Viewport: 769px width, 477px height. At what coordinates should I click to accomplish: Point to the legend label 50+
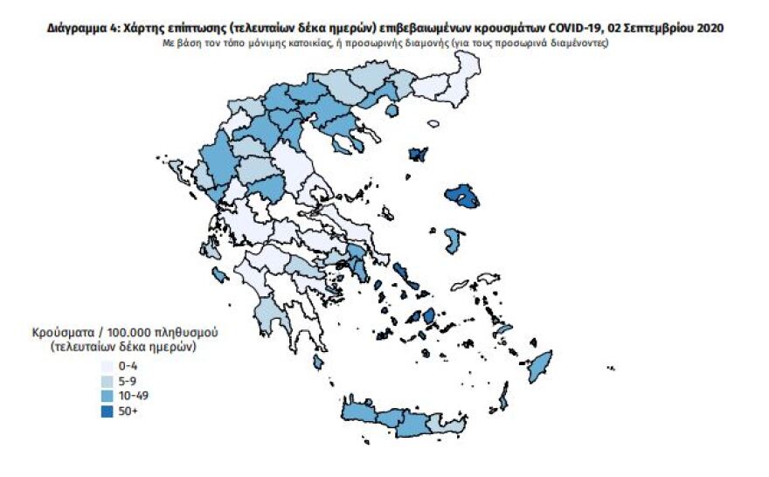[128, 411]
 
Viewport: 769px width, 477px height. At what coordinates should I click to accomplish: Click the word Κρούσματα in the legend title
[62, 335]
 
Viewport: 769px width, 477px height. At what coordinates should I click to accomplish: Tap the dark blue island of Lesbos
[461, 197]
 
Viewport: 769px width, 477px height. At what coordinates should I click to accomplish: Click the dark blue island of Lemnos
[419, 155]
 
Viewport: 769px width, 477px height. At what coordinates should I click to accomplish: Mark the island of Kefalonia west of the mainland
[219, 275]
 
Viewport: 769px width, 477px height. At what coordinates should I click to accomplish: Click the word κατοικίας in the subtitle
[305, 44]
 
